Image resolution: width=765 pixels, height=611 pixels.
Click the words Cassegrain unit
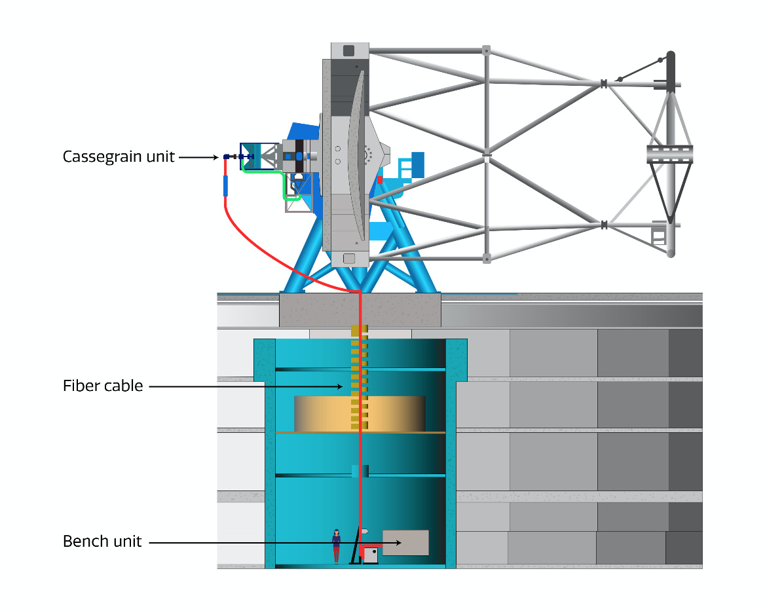(x=119, y=157)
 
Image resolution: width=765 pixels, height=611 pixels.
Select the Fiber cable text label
(x=102, y=386)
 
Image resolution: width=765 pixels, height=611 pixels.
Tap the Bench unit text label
(x=102, y=542)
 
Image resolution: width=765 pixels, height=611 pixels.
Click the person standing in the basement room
(x=336, y=546)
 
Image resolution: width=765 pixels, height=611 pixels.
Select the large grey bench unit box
(x=405, y=542)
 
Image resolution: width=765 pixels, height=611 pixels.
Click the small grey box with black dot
(x=371, y=555)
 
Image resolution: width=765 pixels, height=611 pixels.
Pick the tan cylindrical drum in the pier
(x=359, y=413)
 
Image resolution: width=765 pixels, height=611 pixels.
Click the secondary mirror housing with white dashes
(x=669, y=154)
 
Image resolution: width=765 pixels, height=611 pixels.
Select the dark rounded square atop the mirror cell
(x=348, y=50)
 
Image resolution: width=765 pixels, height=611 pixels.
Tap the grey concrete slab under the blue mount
(x=360, y=310)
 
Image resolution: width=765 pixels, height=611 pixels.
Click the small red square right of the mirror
(x=379, y=179)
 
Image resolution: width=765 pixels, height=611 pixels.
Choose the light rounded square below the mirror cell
(x=348, y=258)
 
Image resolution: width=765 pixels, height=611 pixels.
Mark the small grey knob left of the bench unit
(x=365, y=530)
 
